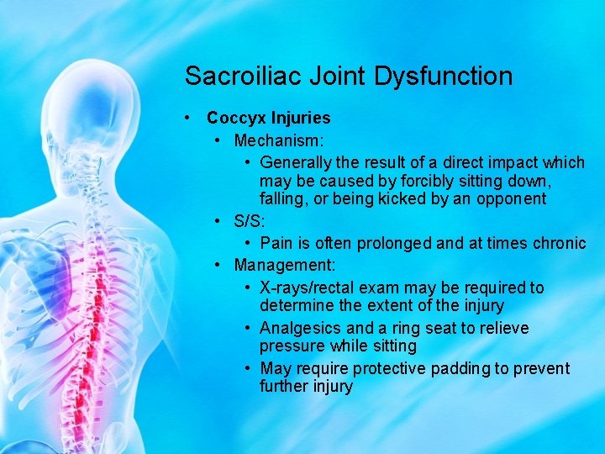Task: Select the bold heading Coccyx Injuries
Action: [268, 119]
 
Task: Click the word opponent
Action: [512, 199]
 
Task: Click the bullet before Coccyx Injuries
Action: [191, 119]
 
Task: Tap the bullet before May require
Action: [248, 368]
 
